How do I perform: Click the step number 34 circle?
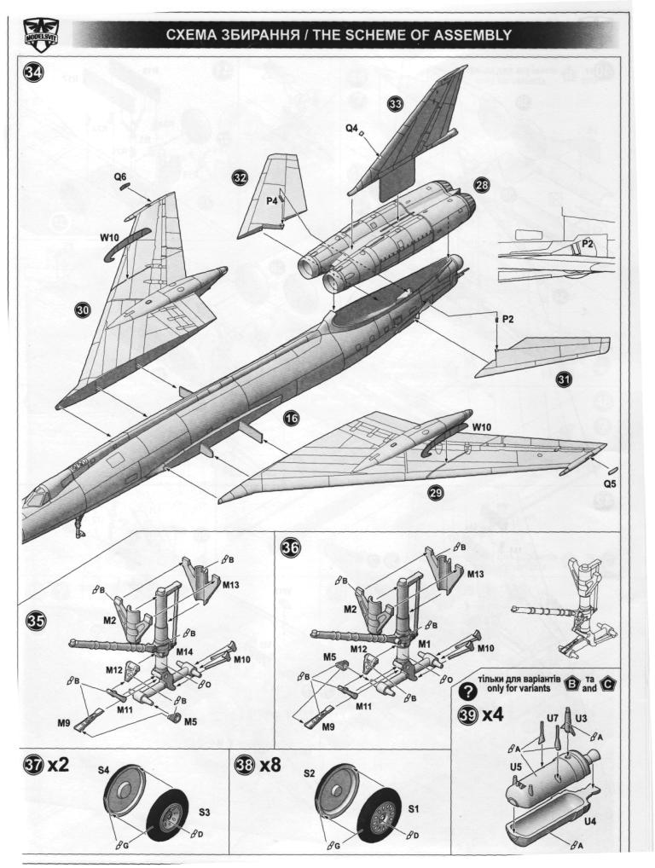coord(33,73)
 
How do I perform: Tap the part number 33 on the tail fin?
coord(395,103)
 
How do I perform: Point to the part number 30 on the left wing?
coord(83,311)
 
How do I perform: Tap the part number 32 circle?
coord(241,177)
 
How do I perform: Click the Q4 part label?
coord(351,128)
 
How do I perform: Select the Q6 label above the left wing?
coord(121,176)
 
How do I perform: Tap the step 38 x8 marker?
coord(258,765)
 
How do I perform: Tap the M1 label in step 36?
coord(424,641)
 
